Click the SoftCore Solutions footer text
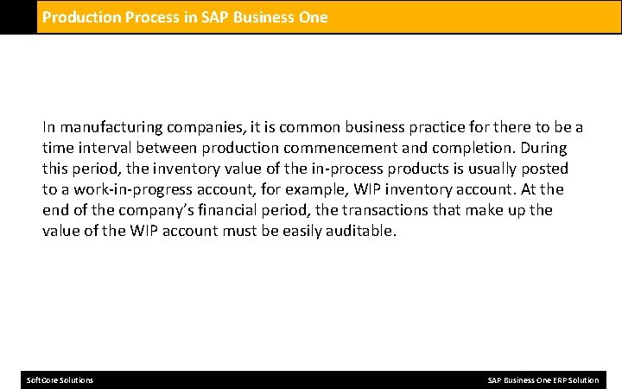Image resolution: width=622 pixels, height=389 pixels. click(x=60, y=380)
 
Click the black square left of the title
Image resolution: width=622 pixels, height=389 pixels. click(x=18, y=16)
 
